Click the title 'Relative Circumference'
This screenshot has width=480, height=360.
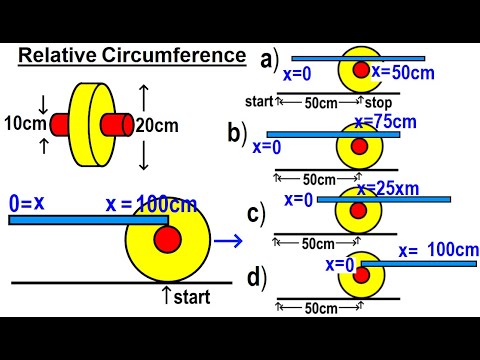[x=131, y=56]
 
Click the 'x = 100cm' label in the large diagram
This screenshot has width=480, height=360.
[x=150, y=205]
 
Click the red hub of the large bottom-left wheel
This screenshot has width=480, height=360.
[x=167, y=239]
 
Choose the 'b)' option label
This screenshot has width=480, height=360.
[x=238, y=131]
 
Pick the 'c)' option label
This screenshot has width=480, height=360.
[x=256, y=212]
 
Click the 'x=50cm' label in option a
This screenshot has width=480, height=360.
[x=403, y=71]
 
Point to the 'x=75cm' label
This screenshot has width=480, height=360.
[x=386, y=122]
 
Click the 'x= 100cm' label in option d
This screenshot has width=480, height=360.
[x=438, y=250]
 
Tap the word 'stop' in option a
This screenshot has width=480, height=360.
[x=378, y=103]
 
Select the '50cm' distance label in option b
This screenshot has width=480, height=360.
[x=318, y=179]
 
